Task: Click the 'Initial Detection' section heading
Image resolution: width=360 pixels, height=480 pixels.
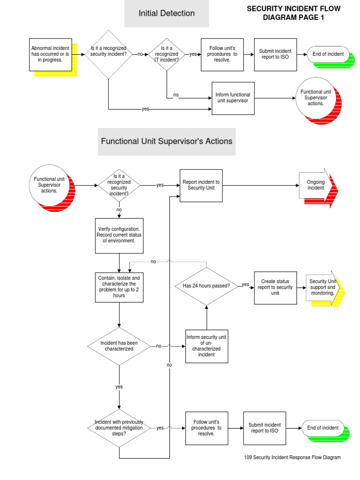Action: [166, 14]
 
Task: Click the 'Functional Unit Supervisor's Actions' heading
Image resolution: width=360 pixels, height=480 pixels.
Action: [166, 141]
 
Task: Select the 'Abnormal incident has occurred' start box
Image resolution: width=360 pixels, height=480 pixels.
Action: [50, 54]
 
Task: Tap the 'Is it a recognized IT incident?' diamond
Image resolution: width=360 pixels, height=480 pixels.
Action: [166, 54]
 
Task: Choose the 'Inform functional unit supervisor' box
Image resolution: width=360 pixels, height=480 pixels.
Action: [233, 97]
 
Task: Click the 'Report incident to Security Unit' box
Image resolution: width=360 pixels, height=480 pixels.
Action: [201, 185]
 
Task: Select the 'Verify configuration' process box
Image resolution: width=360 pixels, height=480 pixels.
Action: [119, 235]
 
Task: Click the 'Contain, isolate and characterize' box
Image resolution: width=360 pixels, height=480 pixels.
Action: [119, 287]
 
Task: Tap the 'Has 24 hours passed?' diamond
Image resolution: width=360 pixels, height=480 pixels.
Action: [206, 285]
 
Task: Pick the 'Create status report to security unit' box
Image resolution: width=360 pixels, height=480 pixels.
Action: [275, 287]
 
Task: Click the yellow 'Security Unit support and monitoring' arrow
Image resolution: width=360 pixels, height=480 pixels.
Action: [324, 287]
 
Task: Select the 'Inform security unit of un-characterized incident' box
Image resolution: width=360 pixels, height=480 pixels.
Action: [207, 346]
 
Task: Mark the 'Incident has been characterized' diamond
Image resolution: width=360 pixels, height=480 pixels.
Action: [119, 346]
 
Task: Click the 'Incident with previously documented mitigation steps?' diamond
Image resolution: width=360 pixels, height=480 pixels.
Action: [119, 427]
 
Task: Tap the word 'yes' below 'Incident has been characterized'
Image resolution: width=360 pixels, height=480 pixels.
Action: [119, 387]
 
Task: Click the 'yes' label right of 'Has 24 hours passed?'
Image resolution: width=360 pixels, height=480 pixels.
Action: [246, 285]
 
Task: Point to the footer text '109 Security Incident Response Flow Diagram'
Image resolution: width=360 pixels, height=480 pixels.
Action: [292, 457]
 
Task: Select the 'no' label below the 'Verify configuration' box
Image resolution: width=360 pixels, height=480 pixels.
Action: [153, 262]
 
